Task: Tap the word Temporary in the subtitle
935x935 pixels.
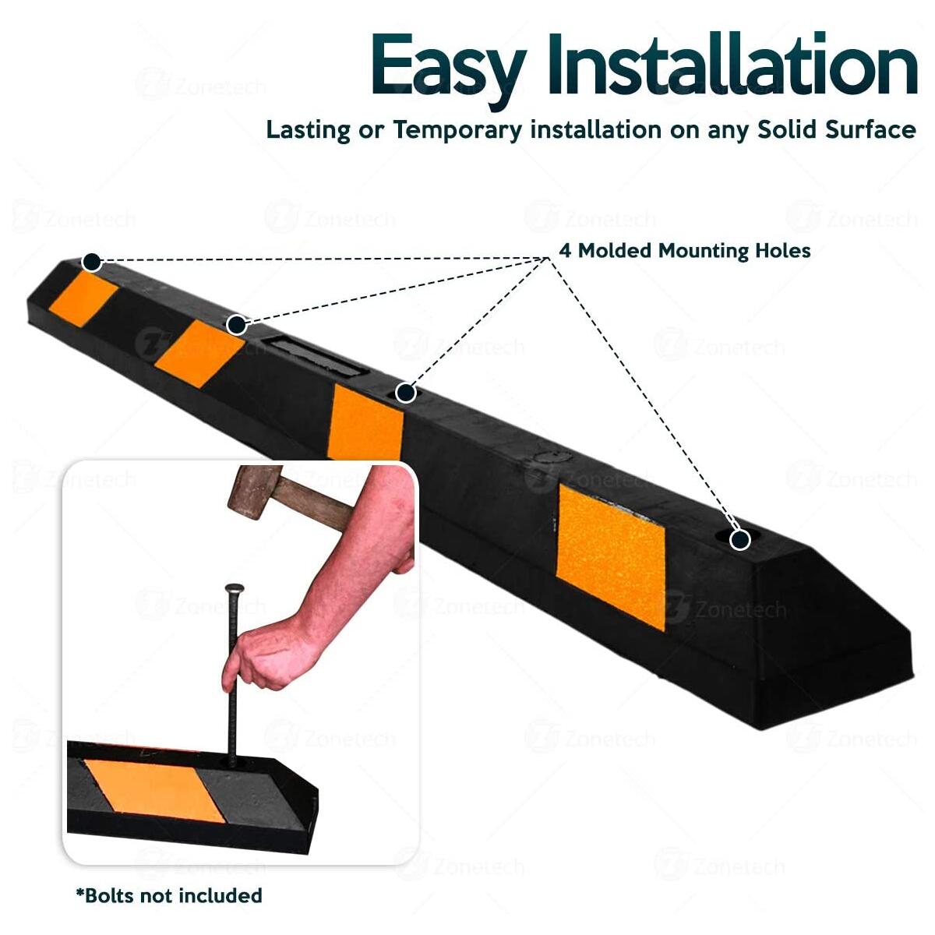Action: (457, 129)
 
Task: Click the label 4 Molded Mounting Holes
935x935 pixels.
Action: (685, 251)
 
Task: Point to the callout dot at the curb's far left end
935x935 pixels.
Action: (92, 262)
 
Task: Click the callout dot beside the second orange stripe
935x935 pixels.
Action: (237, 324)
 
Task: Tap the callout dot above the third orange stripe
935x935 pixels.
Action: (405, 393)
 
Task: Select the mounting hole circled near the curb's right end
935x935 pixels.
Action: (739, 538)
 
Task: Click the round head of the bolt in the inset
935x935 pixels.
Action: (232, 589)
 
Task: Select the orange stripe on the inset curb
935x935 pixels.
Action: (156, 789)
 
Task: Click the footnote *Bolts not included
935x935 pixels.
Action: (169, 895)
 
